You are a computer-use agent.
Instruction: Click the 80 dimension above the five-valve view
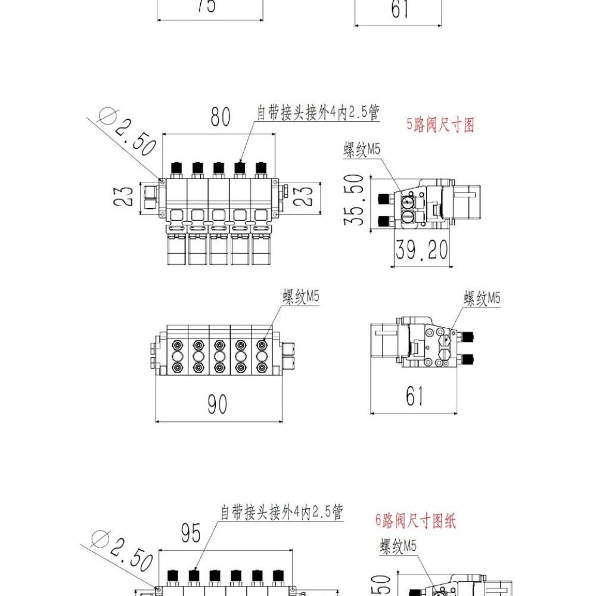pyautogui.click(x=220, y=117)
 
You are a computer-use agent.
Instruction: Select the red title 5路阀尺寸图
pyautogui.click(x=440, y=125)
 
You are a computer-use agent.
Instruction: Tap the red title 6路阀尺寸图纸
pyautogui.click(x=415, y=520)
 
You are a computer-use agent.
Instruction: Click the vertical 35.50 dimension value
pyautogui.click(x=355, y=199)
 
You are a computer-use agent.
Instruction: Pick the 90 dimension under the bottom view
pyautogui.click(x=218, y=405)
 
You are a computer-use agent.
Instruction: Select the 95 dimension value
pyautogui.click(x=191, y=534)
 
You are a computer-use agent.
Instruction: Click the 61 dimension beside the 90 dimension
pyautogui.click(x=414, y=396)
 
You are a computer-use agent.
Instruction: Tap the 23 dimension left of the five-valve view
pyautogui.click(x=125, y=196)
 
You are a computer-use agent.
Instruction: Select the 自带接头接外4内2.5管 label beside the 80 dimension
pyautogui.click(x=318, y=113)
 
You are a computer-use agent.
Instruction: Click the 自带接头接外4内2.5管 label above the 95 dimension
pyautogui.click(x=282, y=512)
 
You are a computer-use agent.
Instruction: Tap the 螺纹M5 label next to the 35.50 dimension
pyautogui.click(x=362, y=150)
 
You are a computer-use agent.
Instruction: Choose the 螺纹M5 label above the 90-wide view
pyautogui.click(x=301, y=297)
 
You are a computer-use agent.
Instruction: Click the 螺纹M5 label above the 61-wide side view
pyautogui.click(x=482, y=298)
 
